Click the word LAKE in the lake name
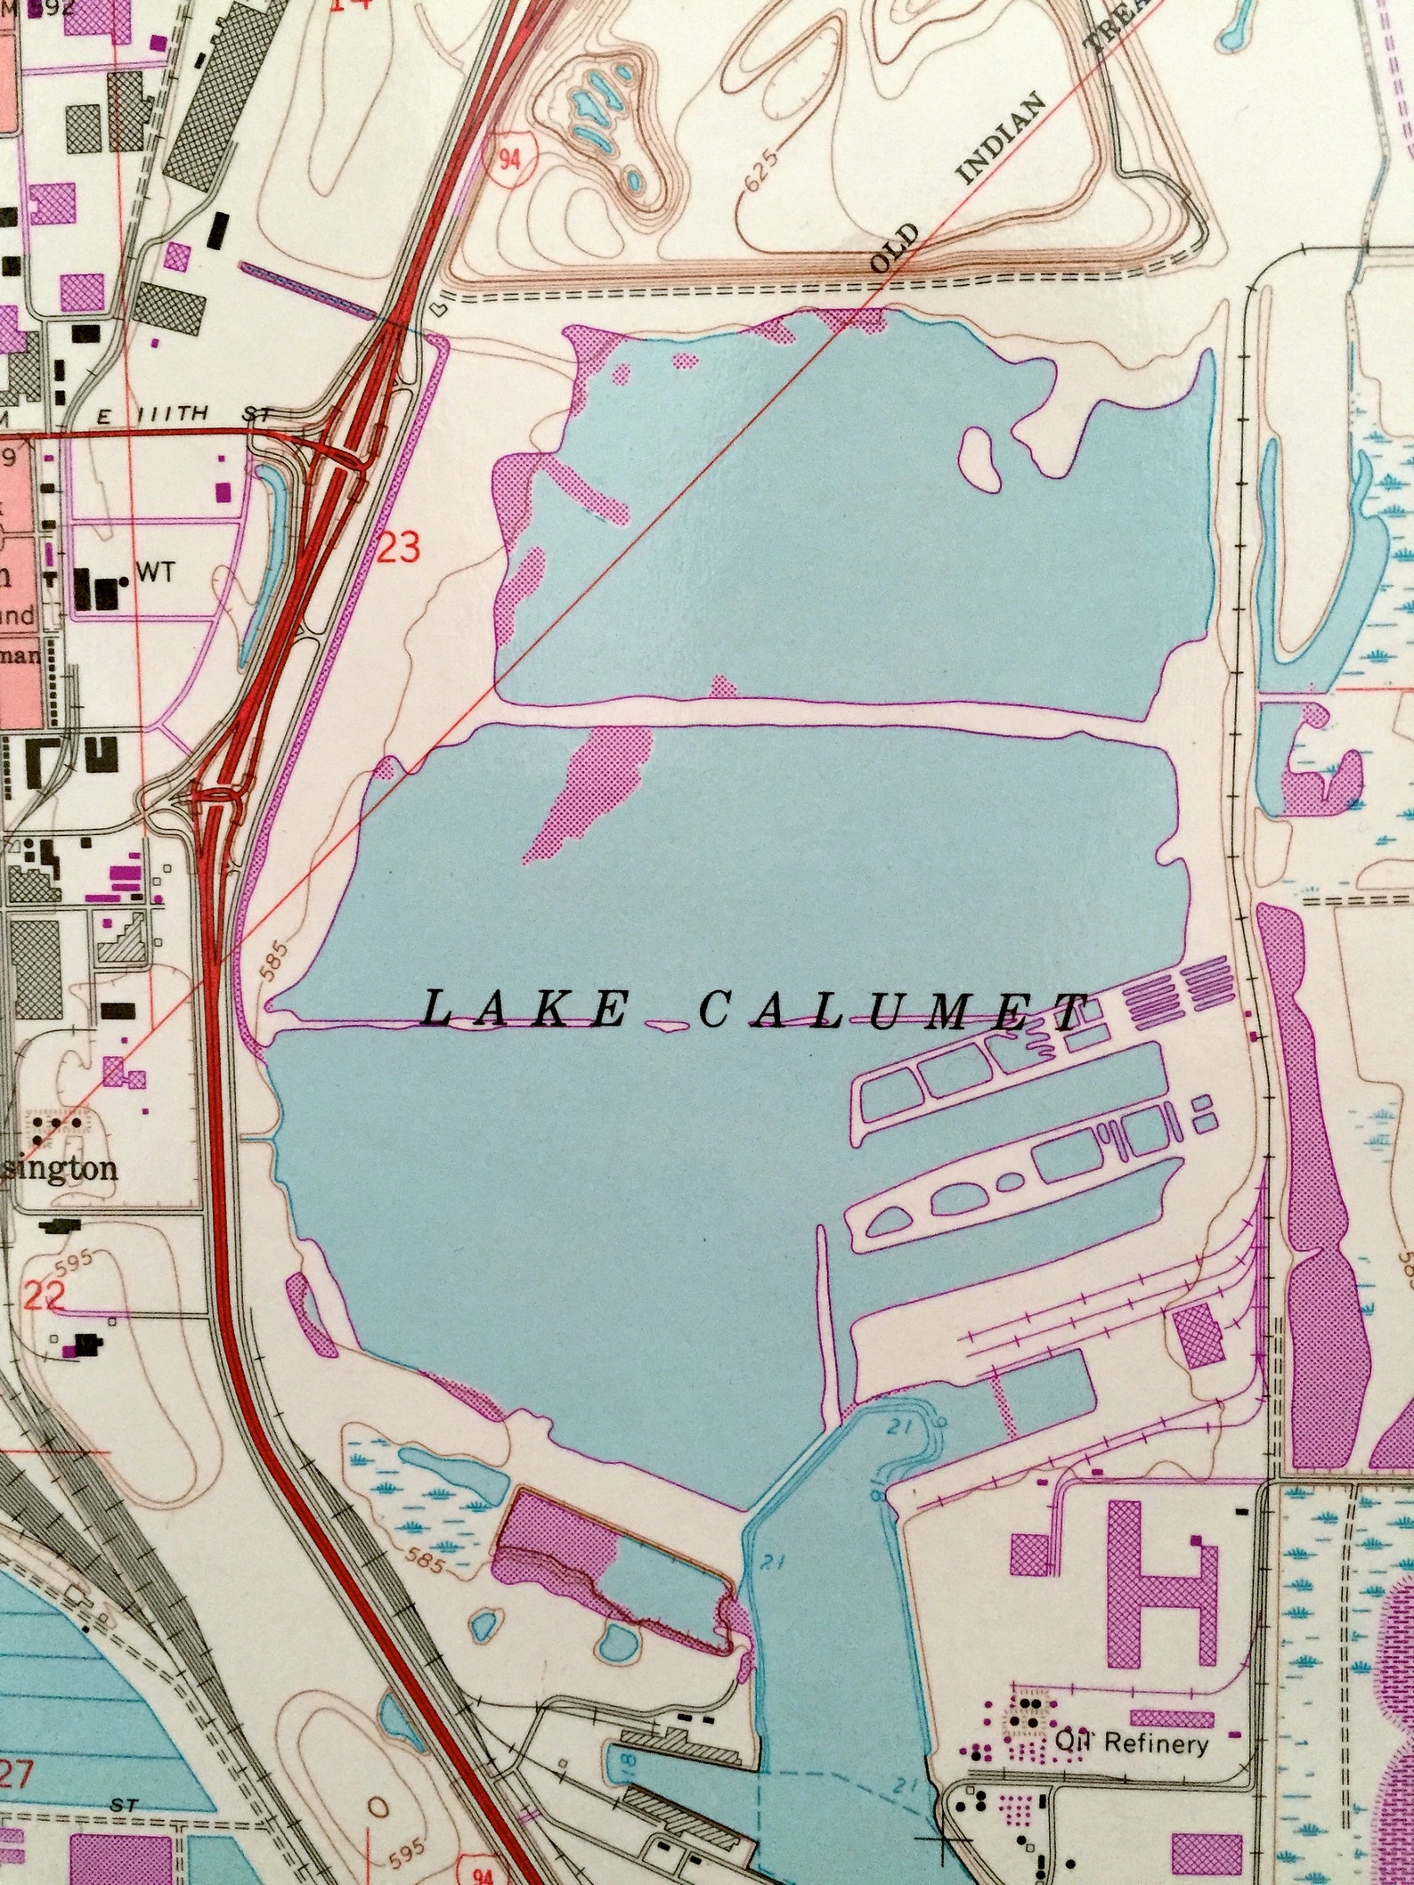(524, 1010)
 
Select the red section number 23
(398, 548)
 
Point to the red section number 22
(45, 1296)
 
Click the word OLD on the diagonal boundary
(894, 248)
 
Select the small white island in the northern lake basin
(982, 457)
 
